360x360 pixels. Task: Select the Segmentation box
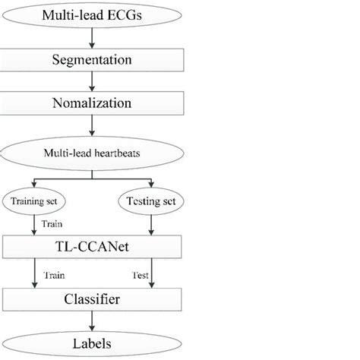(91, 58)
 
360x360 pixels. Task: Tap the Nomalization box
(91, 102)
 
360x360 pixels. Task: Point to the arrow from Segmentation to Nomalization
(91, 80)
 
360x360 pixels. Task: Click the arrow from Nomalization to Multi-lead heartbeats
(91, 125)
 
